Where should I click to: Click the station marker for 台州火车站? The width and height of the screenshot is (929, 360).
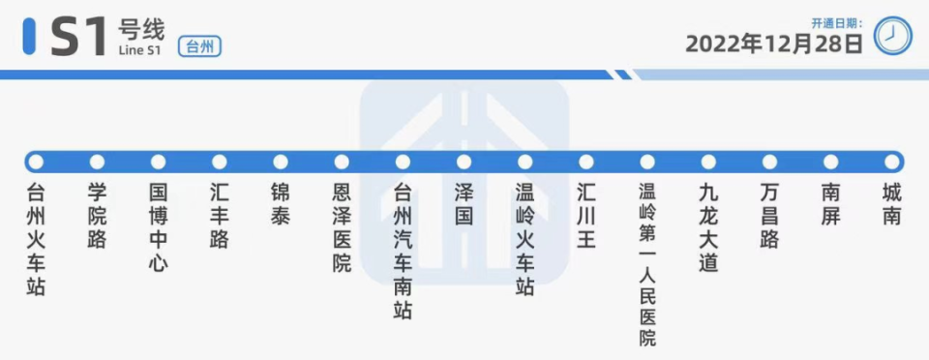tap(36, 162)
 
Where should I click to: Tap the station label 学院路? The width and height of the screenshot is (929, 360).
tap(97, 214)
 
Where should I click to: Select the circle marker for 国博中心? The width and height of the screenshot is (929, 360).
tap(158, 162)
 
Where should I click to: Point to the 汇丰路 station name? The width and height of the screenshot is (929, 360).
tap(220, 214)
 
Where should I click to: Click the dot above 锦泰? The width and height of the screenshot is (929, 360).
tap(281, 162)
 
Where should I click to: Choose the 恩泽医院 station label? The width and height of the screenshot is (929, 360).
tap(342, 226)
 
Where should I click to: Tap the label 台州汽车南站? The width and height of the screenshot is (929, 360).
tap(403, 251)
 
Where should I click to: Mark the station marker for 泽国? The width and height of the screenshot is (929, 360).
tap(464, 162)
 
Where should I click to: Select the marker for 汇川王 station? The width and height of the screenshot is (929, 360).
tap(586, 162)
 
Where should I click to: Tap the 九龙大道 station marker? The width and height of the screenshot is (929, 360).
tap(708, 162)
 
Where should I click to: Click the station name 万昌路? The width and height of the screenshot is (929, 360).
tap(769, 214)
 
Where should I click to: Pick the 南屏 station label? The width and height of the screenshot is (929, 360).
tap(830, 202)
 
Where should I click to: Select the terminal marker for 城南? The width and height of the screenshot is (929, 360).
tap(892, 162)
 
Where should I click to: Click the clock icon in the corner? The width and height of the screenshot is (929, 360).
tap(892, 37)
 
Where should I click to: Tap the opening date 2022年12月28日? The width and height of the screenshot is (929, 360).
tap(774, 44)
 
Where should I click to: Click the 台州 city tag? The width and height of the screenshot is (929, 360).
tap(200, 45)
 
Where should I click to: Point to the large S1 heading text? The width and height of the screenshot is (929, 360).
tap(77, 37)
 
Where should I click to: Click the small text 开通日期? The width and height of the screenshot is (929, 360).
tap(836, 22)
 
